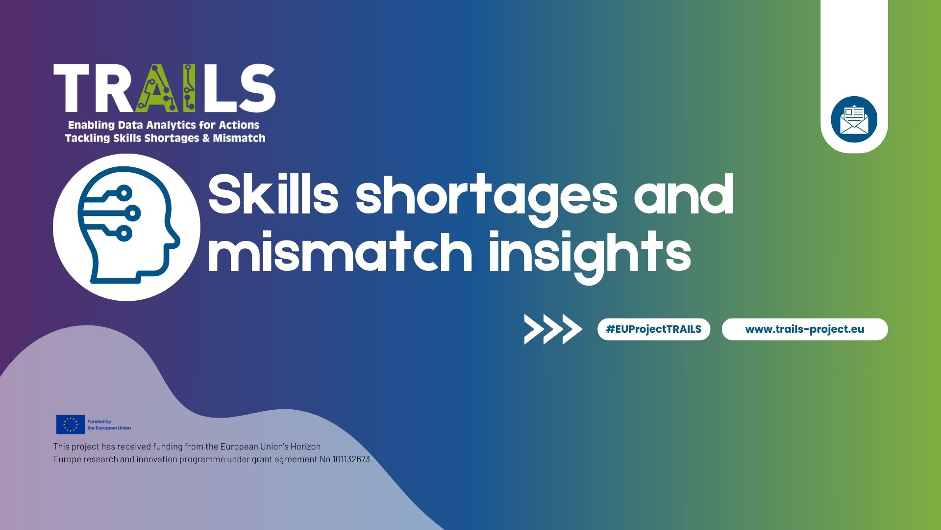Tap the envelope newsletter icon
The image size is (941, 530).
point(854,120)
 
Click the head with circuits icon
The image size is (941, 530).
point(126,227)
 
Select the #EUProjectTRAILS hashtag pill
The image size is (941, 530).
point(653,329)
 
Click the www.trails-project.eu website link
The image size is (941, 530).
point(804,329)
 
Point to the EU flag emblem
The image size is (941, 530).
point(70,424)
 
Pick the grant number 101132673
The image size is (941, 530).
point(351,459)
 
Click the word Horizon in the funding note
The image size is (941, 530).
point(305,447)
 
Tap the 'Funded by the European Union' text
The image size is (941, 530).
point(109,424)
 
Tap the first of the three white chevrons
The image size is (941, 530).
point(534,329)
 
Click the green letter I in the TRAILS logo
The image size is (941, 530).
point(189,88)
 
